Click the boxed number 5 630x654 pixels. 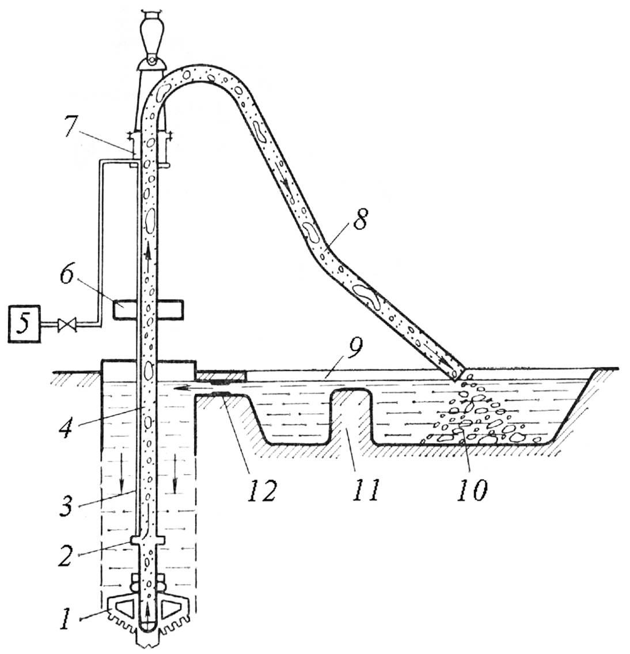coord(25,324)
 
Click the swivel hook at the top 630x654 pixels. coord(152,37)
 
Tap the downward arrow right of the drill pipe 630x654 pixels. coord(174,472)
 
